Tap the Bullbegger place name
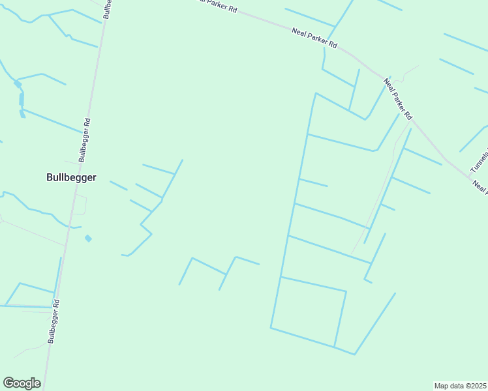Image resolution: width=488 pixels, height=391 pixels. tap(72, 177)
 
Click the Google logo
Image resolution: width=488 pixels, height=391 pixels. tap(22, 383)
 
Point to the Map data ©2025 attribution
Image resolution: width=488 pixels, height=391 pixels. tap(460, 386)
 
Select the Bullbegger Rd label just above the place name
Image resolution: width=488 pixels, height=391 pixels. tap(84, 139)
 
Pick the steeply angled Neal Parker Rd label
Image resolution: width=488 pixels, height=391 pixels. tap(398, 98)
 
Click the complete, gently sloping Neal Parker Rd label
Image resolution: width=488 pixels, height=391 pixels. tap(314, 37)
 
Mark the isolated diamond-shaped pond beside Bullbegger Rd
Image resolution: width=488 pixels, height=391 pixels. tap(88, 239)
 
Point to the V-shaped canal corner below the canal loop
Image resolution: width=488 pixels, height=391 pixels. tap(354, 355)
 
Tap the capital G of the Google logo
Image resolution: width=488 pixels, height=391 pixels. tap(8, 383)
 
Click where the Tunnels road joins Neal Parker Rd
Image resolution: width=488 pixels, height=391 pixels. tap(470, 176)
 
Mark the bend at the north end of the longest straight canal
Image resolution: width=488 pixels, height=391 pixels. tap(316, 93)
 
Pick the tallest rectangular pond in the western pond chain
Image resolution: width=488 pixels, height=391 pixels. tap(22, 99)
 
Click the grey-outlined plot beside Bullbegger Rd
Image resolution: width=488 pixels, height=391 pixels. tap(80, 204)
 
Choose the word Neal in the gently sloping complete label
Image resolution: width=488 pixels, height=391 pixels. tap(299, 31)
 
